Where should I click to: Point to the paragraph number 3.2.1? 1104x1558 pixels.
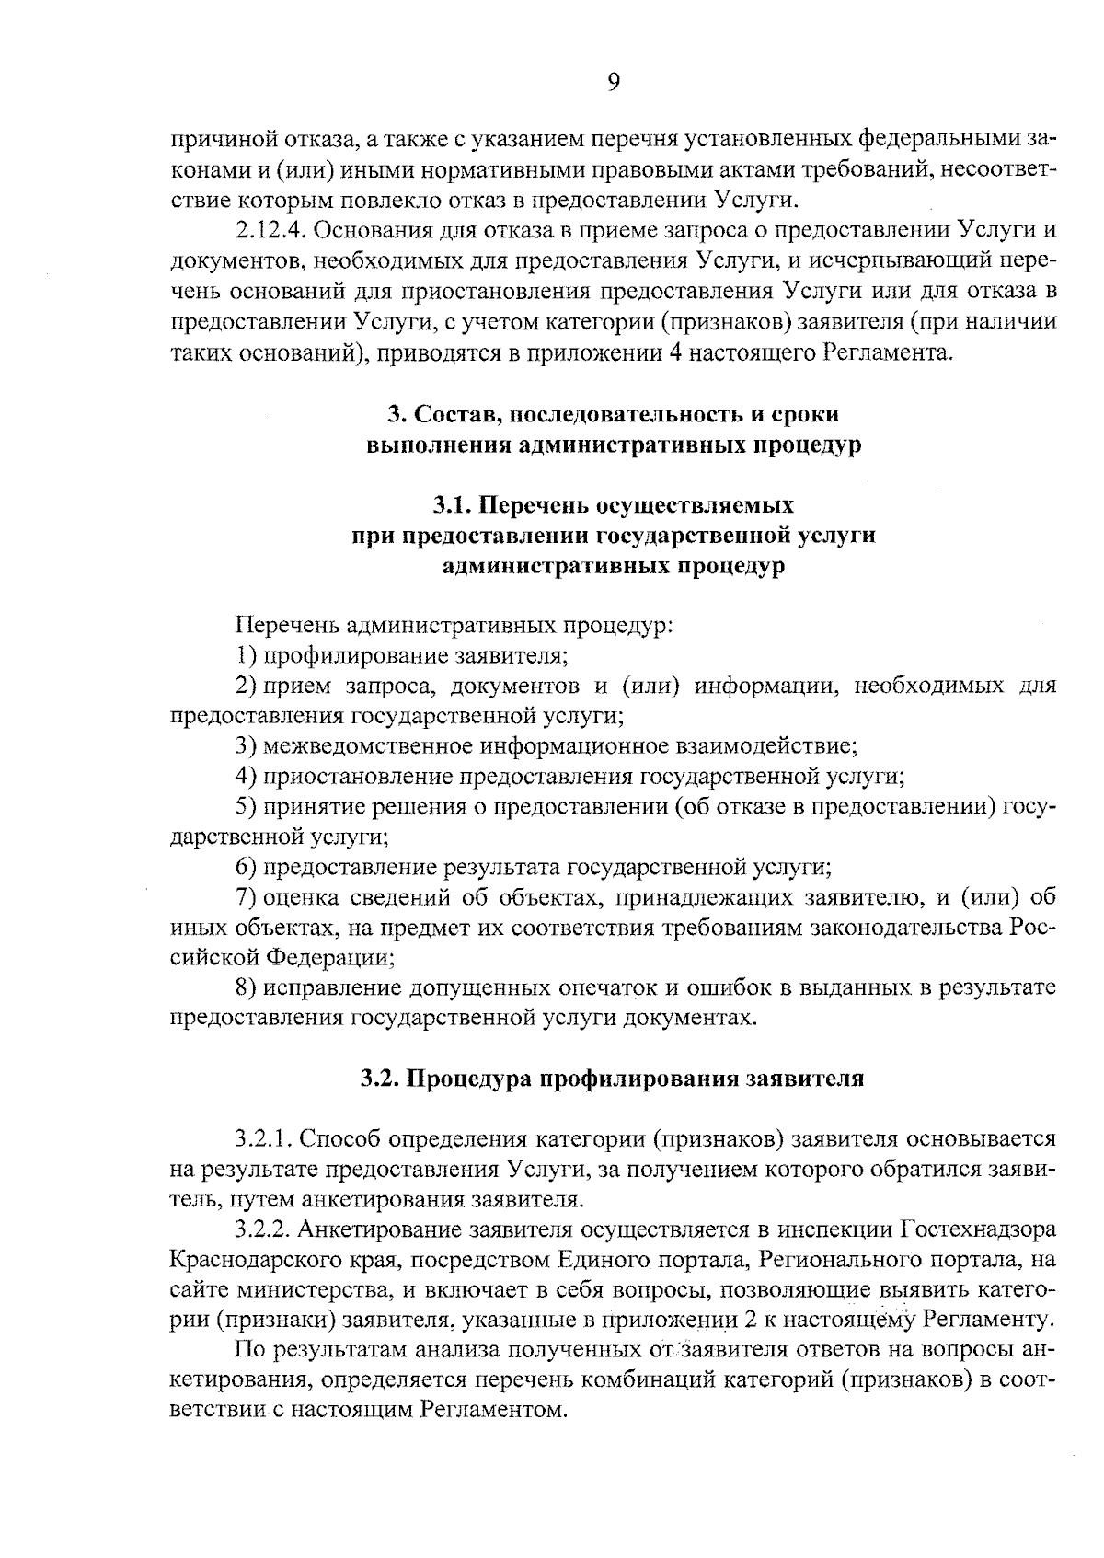click(x=265, y=1139)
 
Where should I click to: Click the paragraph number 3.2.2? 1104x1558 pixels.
click(x=265, y=1229)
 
